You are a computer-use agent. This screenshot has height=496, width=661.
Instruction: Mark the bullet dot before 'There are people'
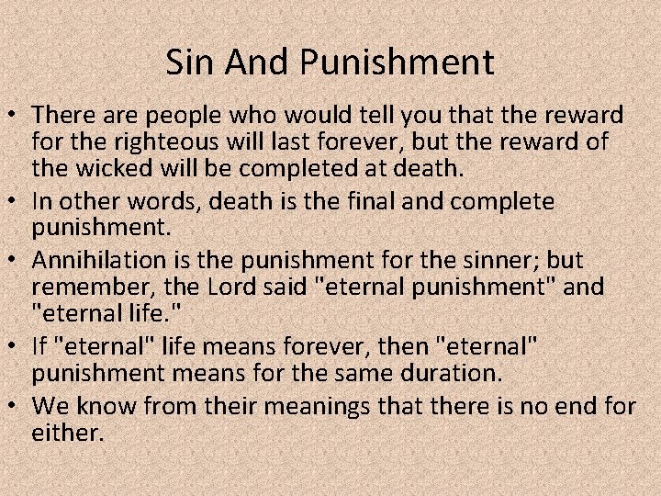pyautogui.click(x=15, y=118)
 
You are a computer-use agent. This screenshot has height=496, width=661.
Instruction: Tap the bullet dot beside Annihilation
pyautogui.click(x=15, y=261)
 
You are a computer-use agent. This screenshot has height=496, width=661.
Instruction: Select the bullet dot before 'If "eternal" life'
pyautogui.click(x=15, y=346)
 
